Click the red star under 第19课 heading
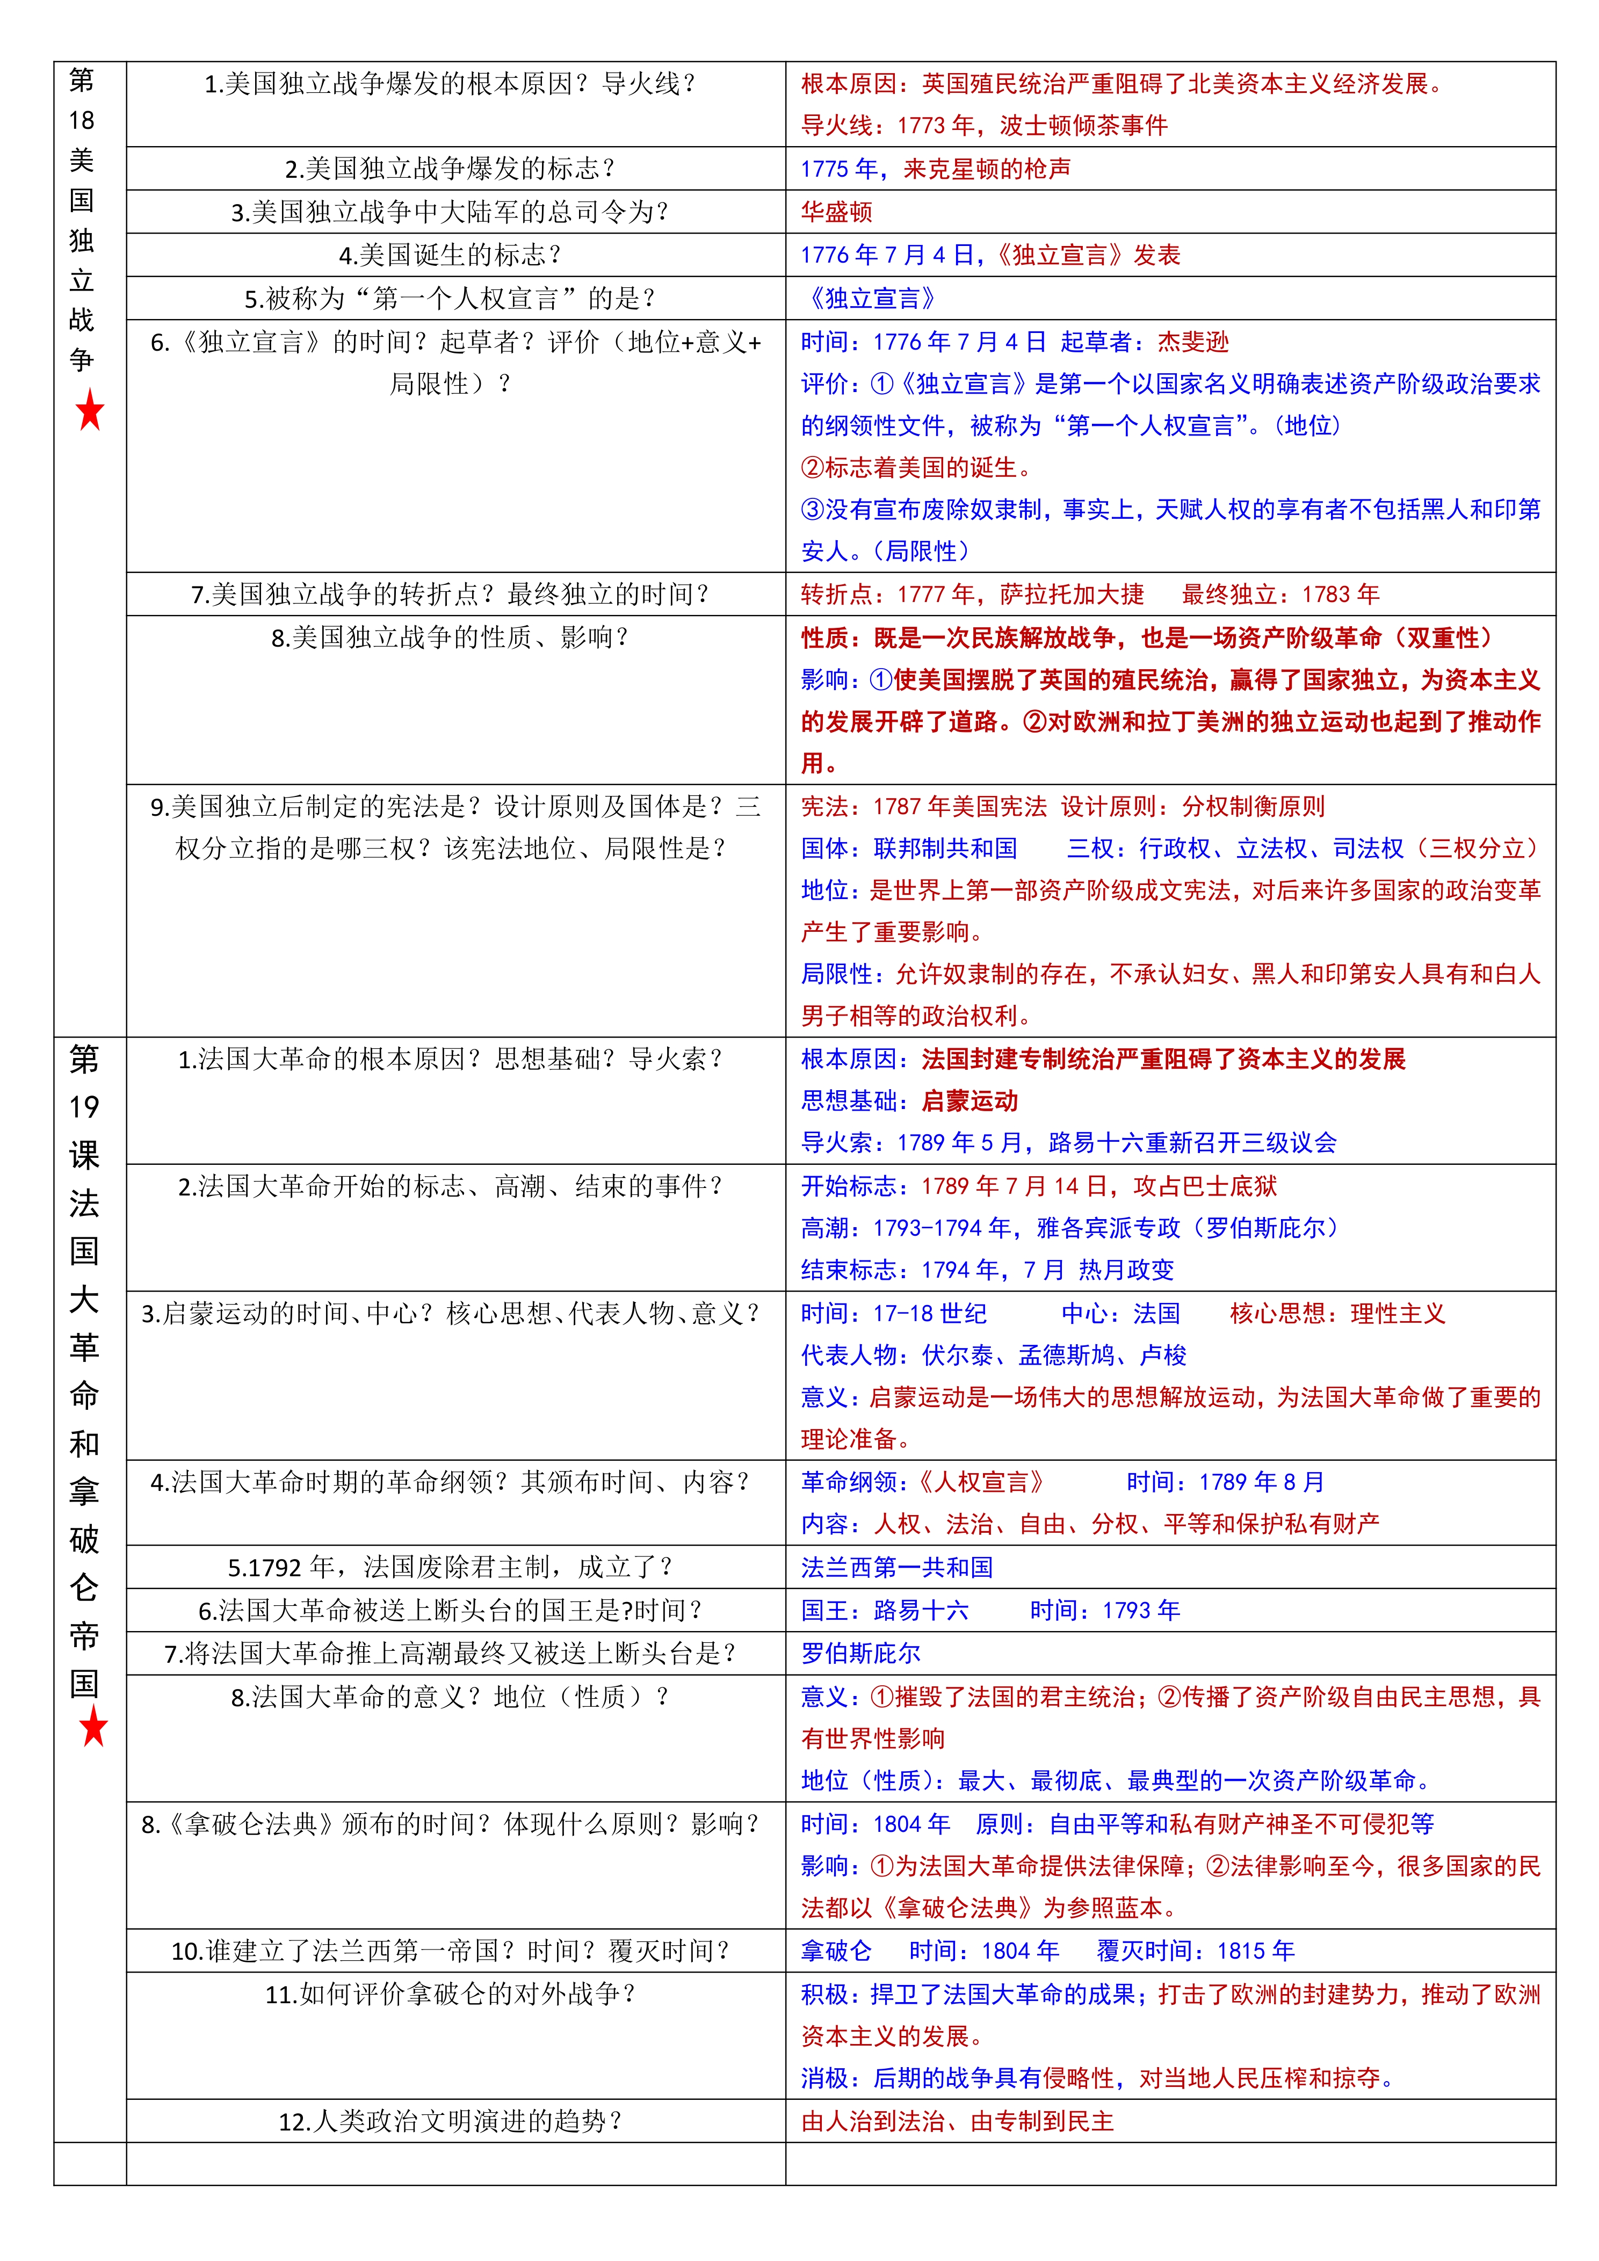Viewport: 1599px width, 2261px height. point(93,1726)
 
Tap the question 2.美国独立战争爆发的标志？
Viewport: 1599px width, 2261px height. point(450,169)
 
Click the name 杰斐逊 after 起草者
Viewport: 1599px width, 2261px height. point(1193,342)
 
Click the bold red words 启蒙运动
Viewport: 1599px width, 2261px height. point(970,1101)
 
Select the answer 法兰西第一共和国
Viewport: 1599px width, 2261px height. point(897,1568)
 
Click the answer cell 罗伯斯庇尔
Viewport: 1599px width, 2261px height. point(860,1654)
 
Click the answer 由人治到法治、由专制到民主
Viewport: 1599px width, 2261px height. point(957,2121)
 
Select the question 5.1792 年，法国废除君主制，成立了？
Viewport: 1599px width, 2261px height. point(450,1568)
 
